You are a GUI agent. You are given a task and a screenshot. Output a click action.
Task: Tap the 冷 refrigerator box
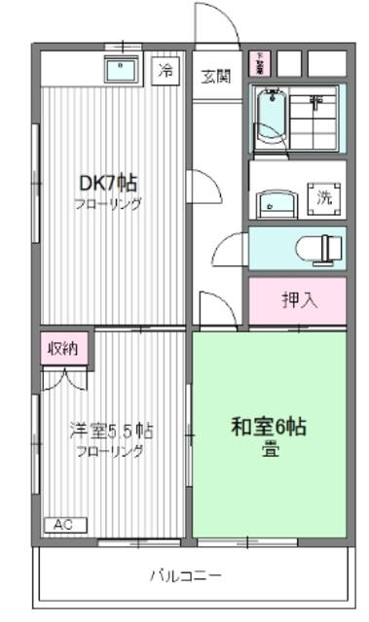point(166,70)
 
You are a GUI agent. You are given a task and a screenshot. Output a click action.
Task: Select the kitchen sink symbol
point(124,70)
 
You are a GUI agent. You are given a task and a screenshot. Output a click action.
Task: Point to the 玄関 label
point(216,78)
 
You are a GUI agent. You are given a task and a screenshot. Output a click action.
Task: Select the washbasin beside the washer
point(273,202)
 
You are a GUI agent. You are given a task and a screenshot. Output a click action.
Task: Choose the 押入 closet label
point(299,299)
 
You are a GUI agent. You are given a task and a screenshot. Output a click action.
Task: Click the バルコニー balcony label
point(185,574)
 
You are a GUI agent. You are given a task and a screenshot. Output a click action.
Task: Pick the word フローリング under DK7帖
point(110,204)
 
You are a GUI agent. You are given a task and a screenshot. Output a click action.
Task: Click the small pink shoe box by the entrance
point(260,63)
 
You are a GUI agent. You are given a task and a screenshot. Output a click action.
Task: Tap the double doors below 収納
point(64,377)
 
